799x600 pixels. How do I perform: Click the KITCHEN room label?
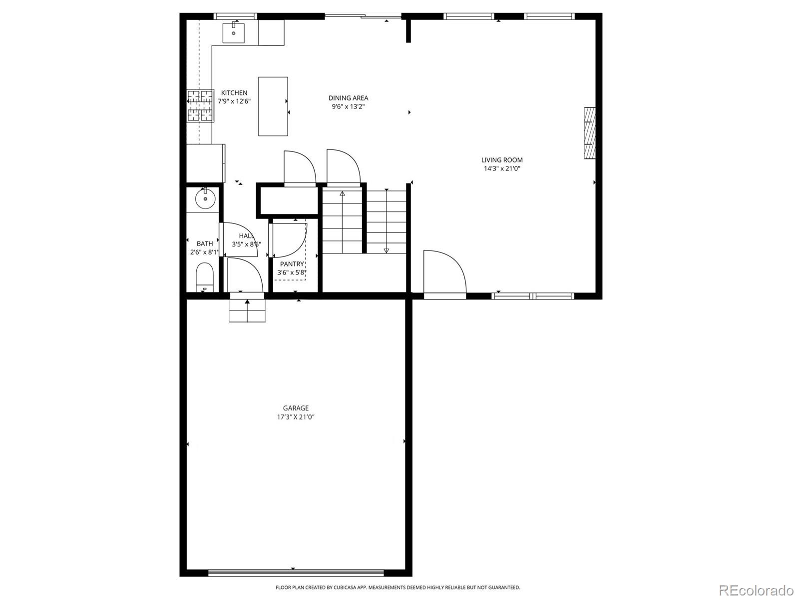pyautogui.click(x=234, y=92)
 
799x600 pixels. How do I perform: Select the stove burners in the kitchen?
pyautogui.click(x=200, y=106)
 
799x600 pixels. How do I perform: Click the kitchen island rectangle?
pyautogui.click(x=273, y=106)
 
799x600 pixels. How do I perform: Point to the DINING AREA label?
pyautogui.click(x=348, y=98)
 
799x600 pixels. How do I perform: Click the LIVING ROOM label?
pyautogui.click(x=502, y=160)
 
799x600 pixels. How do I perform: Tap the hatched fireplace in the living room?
pyautogui.click(x=590, y=133)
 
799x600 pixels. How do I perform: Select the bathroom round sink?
pyautogui.click(x=204, y=199)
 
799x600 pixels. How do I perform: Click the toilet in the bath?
pyautogui.click(x=204, y=278)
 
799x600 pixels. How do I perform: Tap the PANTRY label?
pyautogui.click(x=292, y=264)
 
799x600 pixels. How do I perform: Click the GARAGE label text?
pyautogui.click(x=296, y=408)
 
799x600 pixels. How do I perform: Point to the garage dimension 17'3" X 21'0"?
pyautogui.click(x=296, y=417)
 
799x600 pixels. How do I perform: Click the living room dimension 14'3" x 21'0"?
pyautogui.click(x=502, y=168)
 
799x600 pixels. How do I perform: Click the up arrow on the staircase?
pyautogui.click(x=342, y=193)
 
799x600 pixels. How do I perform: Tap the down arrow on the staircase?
pyautogui.click(x=386, y=250)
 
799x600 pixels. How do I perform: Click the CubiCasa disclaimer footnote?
pyautogui.click(x=398, y=587)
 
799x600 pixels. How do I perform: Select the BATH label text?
pyautogui.click(x=204, y=243)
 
